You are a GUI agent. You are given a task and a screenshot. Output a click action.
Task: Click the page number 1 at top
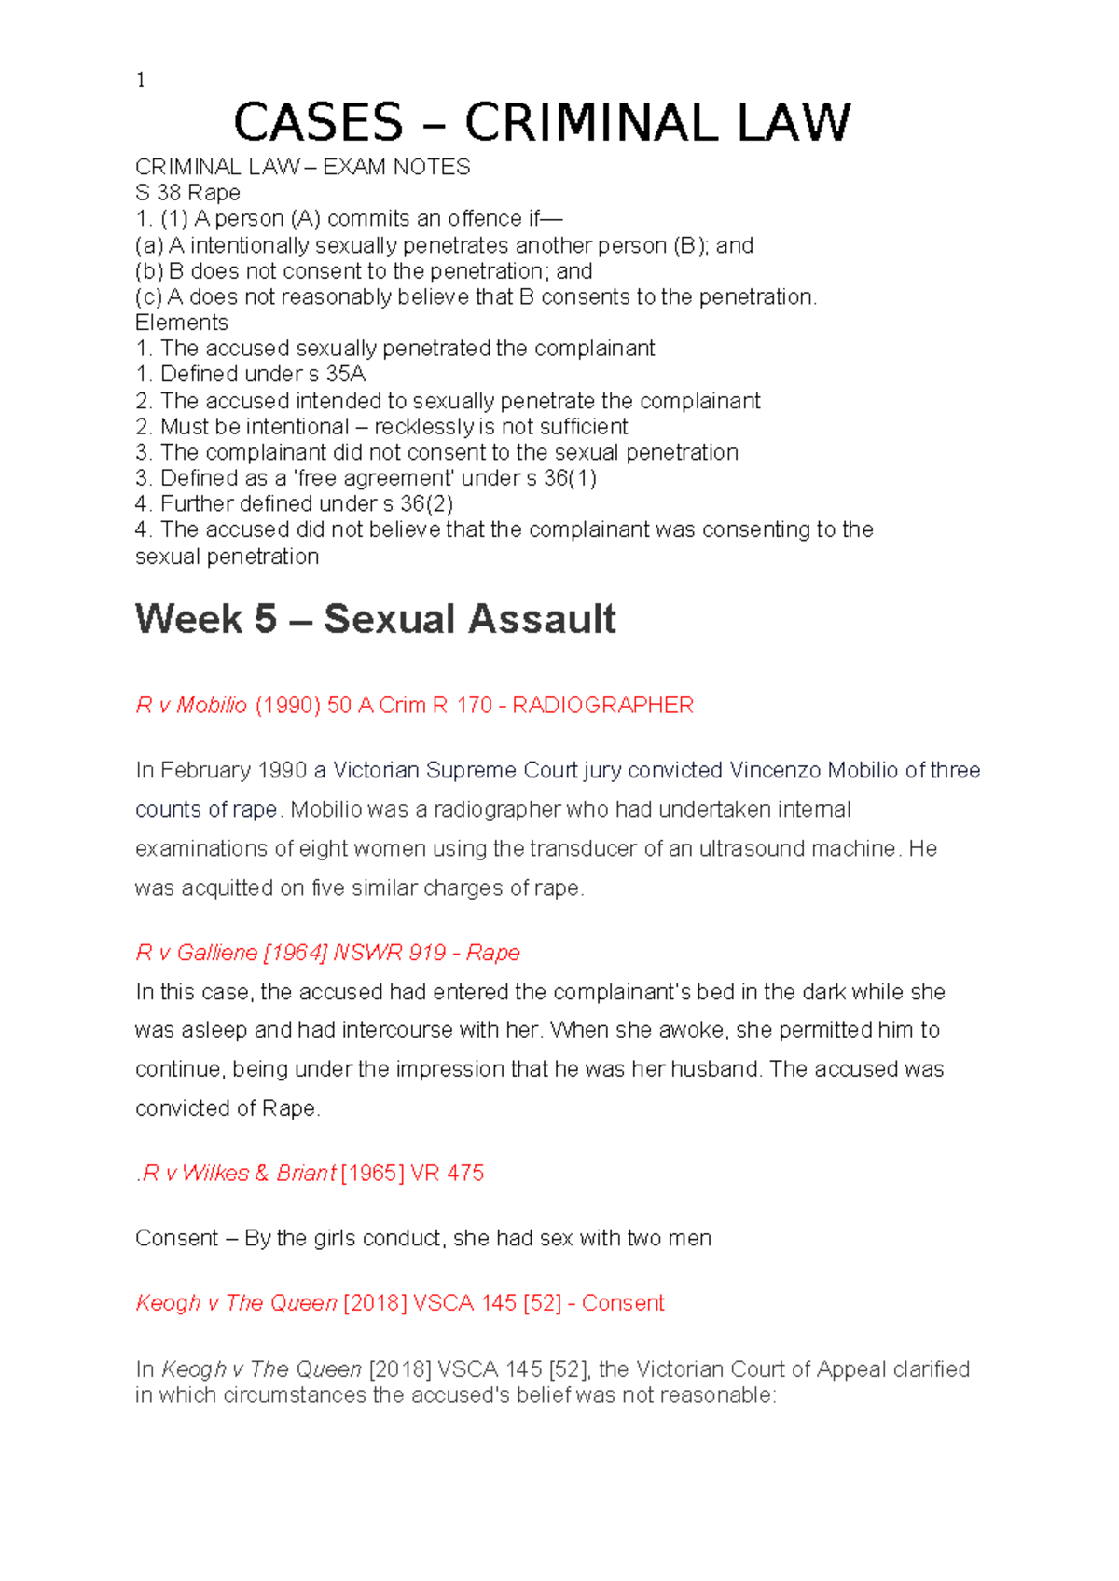(141, 80)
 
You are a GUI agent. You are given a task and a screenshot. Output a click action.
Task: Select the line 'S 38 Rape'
(187, 193)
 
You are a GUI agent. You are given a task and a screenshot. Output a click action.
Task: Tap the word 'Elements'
(182, 323)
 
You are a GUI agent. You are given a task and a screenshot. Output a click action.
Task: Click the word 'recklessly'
(423, 427)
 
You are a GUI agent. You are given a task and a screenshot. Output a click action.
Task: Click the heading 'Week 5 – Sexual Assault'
(375, 619)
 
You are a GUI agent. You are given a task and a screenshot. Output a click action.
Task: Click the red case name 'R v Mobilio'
(191, 706)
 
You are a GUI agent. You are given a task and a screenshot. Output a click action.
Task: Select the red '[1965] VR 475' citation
(412, 1173)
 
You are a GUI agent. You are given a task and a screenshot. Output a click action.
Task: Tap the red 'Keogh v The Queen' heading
(236, 1303)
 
